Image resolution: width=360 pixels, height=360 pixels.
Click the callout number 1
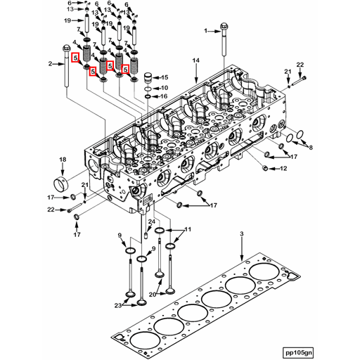(x=207, y=31)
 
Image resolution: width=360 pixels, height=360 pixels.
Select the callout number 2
(x=50, y=64)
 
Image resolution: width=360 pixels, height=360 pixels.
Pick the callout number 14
(x=197, y=61)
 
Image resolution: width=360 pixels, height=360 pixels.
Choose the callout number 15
(x=165, y=77)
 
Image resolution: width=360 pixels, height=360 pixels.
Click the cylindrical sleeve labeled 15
(x=148, y=77)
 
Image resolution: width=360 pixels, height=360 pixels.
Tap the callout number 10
(x=165, y=87)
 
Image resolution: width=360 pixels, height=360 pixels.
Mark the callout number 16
(x=165, y=96)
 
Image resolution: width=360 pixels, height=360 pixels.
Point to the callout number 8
(x=311, y=148)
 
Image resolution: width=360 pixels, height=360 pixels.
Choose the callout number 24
(x=150, y=222)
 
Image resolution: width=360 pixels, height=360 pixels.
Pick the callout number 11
(x=188, y=230)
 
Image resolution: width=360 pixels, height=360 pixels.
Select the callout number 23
(x=117, y=305)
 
